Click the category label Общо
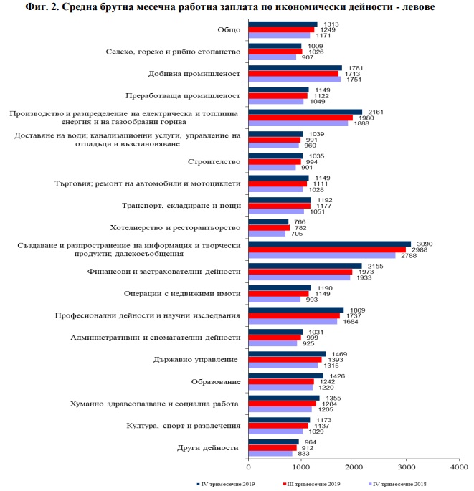(x=228, y=29)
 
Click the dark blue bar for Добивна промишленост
(x=295, y=68)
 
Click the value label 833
(x=304, y=454)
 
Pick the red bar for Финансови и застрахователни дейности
(x=300, y=272)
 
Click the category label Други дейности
(x=207, y=447)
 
